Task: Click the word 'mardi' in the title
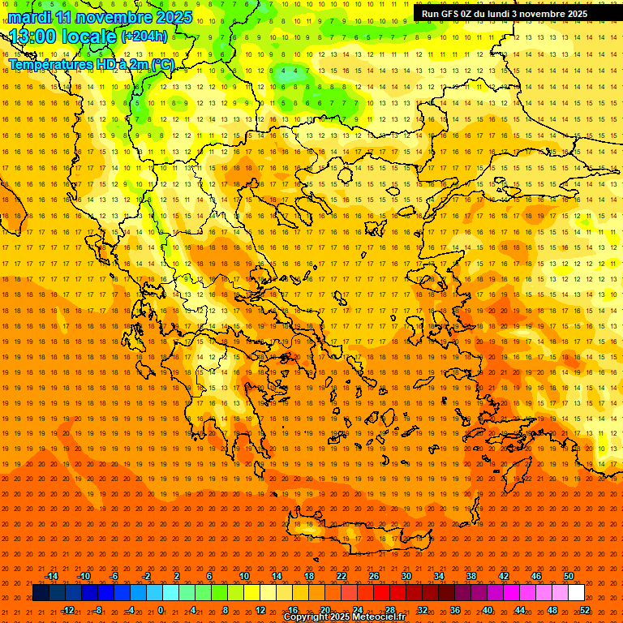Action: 29,17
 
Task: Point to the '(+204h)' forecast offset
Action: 145,36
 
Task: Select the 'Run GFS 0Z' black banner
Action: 505,14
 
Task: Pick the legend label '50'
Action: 569,576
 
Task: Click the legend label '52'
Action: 585,610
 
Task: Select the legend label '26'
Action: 374,576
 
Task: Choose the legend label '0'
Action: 161,610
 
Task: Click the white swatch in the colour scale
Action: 577,593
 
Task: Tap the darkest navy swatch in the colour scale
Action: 41,593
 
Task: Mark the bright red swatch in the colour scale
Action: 381,593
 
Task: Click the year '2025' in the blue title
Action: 174,17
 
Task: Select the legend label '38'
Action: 471,576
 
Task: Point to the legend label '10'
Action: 244,576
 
